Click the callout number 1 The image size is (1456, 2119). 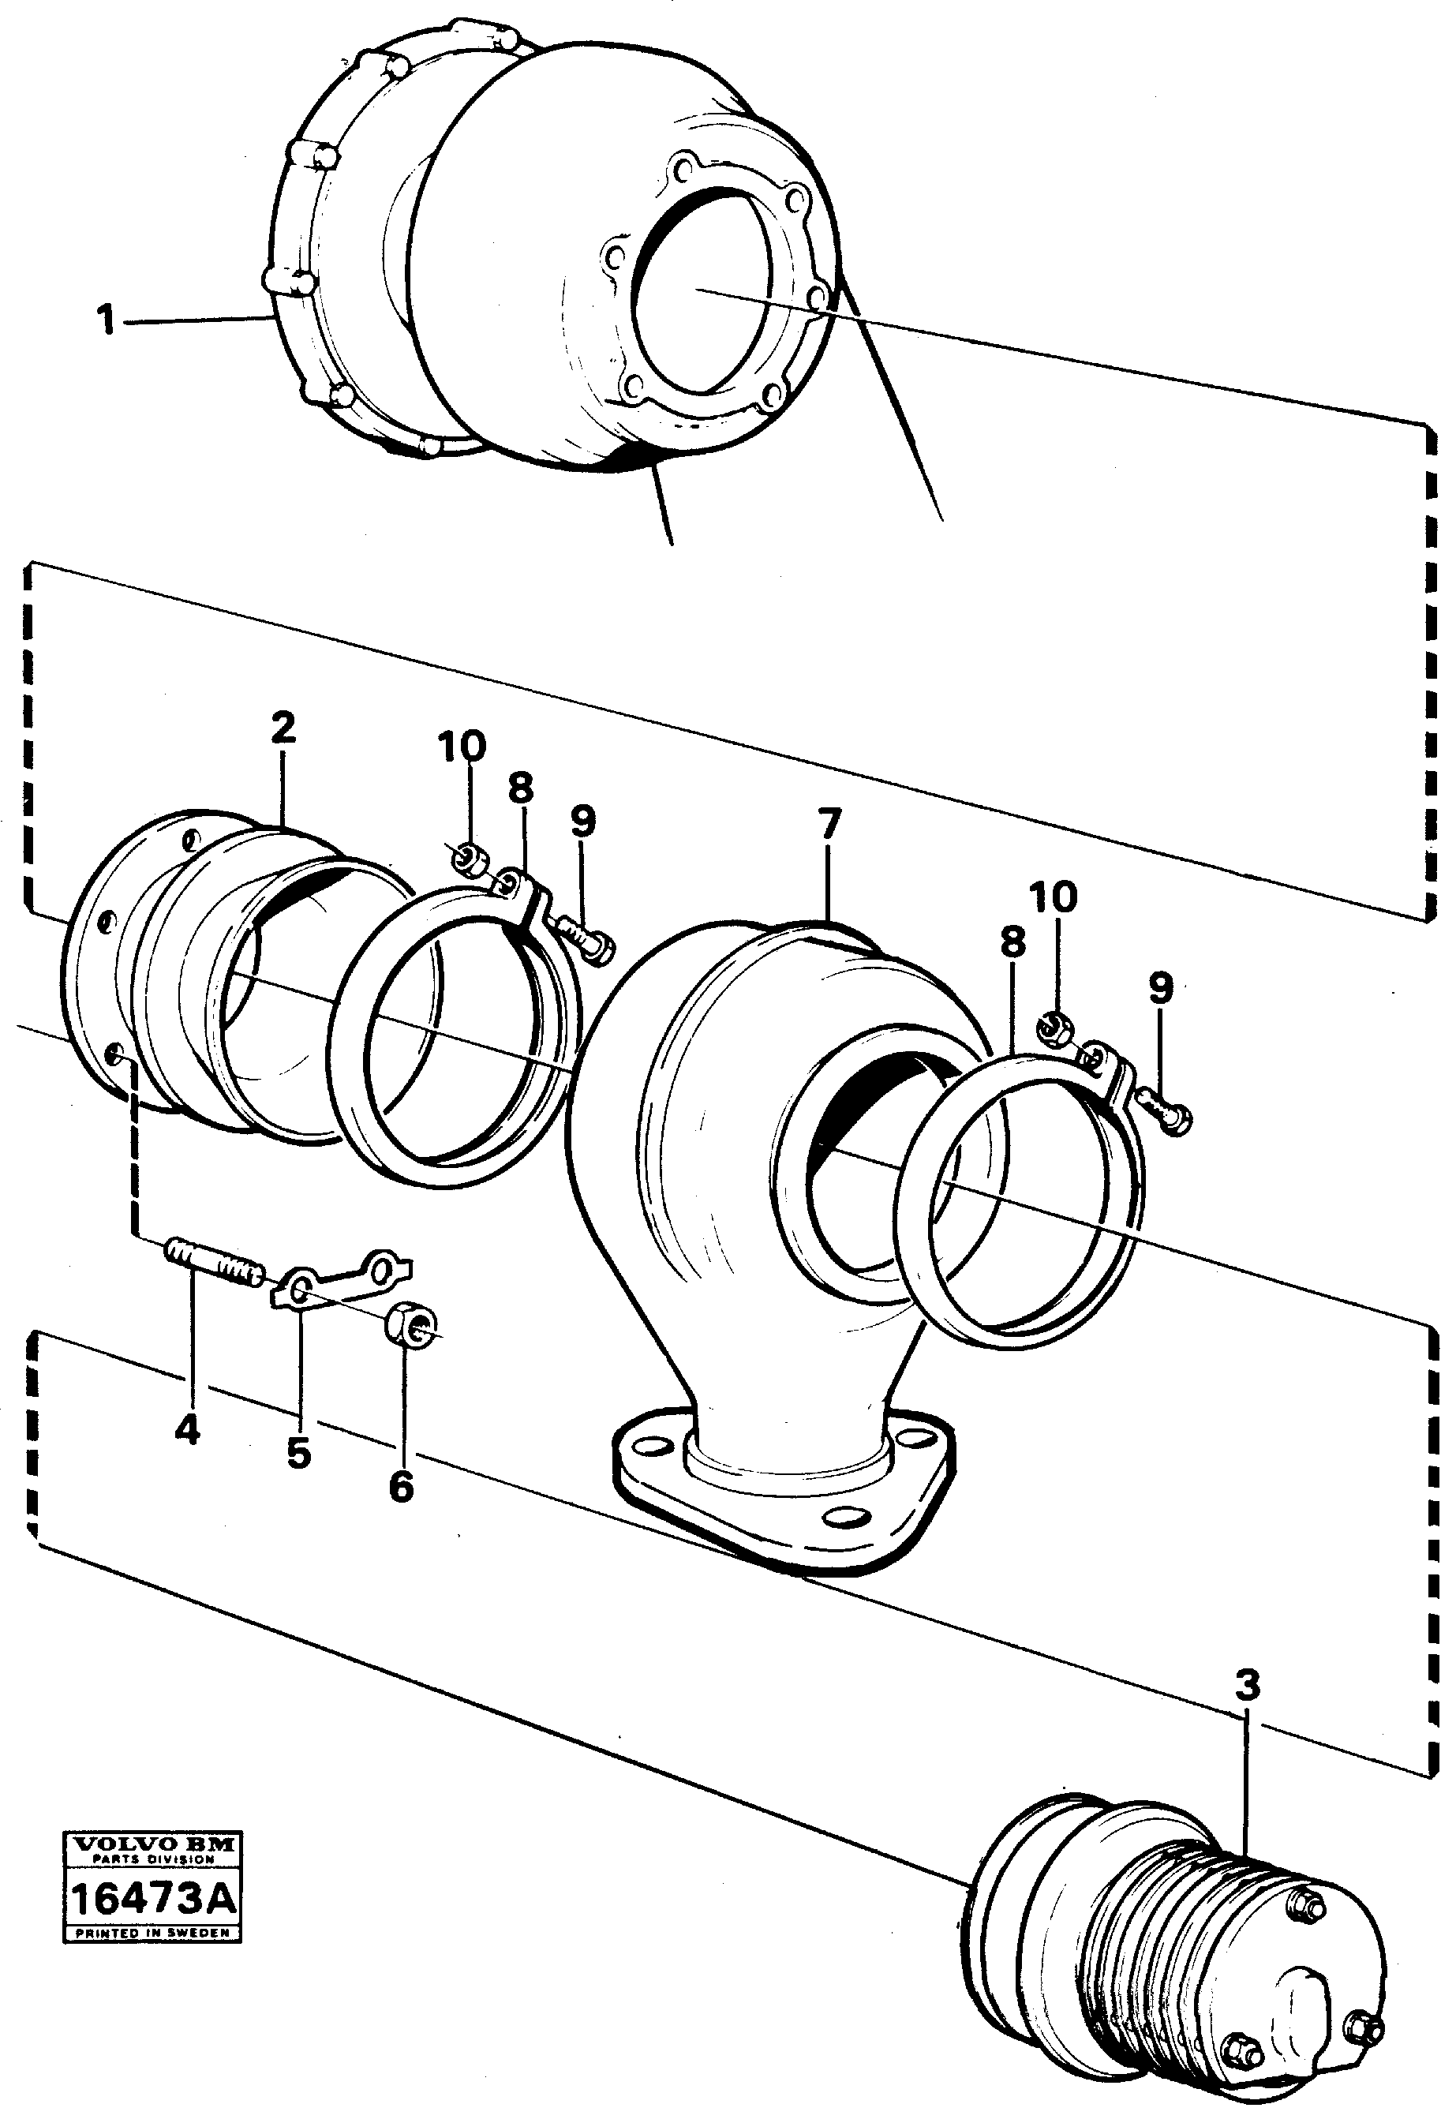coord(107,321)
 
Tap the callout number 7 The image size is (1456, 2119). coord(828,824)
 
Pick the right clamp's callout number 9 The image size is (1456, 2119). coord(1159,987)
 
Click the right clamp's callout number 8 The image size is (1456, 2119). coord(1012,944)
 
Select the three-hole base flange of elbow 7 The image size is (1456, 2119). coord(784,1496)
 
